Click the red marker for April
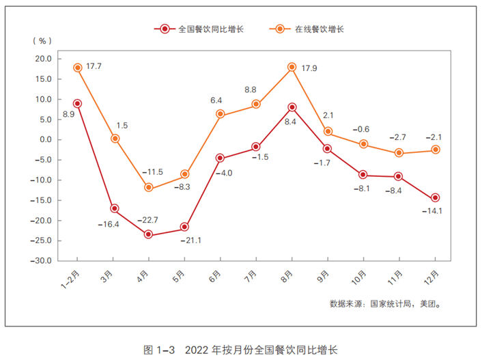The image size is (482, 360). pos(149,234)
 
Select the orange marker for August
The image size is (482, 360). pos(292,67)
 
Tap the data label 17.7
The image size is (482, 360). pos(95,66)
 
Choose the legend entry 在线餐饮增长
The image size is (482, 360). pos(313,29)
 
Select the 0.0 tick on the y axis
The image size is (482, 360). pos(45,139)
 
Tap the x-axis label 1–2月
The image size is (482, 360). pos(72,279)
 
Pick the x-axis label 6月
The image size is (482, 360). pos(216,277)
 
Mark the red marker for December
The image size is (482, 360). pos(435,198)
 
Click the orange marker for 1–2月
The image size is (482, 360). pos(78,68)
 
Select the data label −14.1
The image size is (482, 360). pos(431,211)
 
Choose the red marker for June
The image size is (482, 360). pos(220,158)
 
